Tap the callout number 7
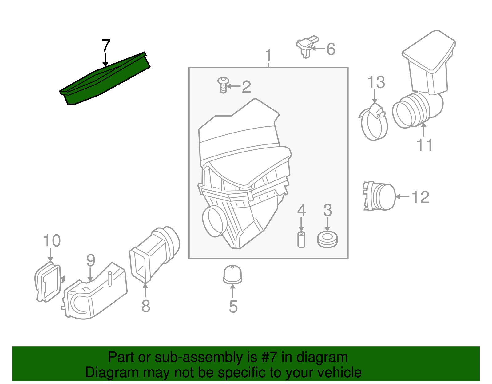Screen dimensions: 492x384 [106, 46]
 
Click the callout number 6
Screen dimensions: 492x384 [331, 49]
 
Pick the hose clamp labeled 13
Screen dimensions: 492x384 [374, 122]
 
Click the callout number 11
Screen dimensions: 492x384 [425, 145]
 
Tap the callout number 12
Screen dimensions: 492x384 [420, 197]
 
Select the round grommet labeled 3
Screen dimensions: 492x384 [327, 240]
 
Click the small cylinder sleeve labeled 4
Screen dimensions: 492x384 [301, 240]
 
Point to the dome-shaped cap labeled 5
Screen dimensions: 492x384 [232, 275]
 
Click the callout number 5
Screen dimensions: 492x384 [233, 307]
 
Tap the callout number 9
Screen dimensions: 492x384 [91, 260]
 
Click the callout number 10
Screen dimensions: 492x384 [52, 240]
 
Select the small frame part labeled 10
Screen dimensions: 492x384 [49, 282]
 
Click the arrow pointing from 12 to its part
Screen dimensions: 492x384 [402, 197]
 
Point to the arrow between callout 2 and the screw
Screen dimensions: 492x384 [233, 86]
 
